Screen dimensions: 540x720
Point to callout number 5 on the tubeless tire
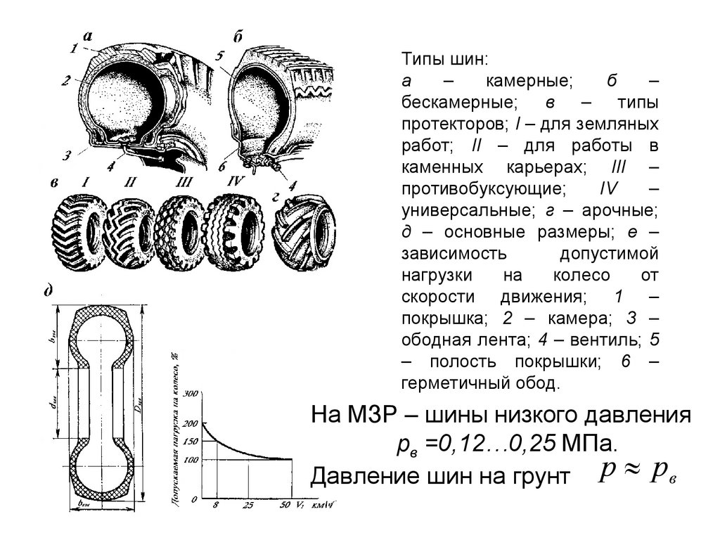point(220,55)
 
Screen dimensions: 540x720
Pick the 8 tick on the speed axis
point(215,505)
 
